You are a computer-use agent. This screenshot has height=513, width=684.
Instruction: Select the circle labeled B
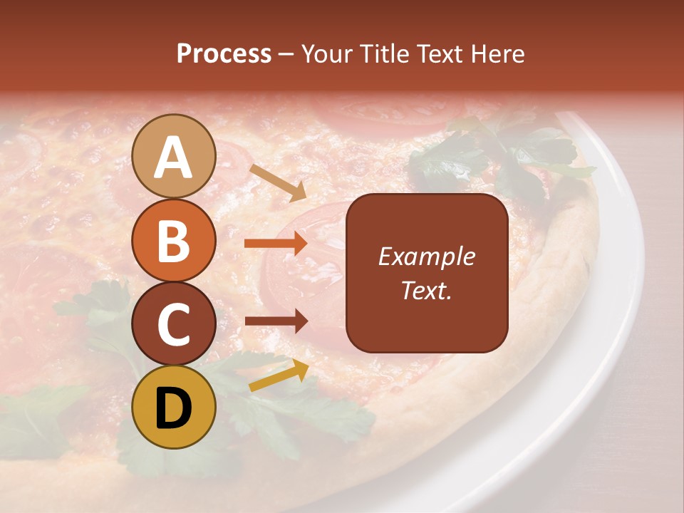tap(173, 240)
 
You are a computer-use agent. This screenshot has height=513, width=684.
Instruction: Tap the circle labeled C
tap(173, 323)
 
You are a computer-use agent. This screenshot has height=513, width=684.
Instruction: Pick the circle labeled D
tap(173, 407)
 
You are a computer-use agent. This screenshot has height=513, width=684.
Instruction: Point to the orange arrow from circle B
tap(276, 244)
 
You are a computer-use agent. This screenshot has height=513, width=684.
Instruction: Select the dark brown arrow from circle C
tap(276, 321)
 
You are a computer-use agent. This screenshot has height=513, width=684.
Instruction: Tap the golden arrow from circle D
tap(279, 375)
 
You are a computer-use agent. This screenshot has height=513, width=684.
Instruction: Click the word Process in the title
tap(224, 53)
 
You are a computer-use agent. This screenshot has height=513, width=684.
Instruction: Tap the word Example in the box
tap(426, 256)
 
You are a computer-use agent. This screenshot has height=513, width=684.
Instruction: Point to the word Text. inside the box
tap(426, 290)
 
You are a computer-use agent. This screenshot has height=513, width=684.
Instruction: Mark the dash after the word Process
tap(286, 55)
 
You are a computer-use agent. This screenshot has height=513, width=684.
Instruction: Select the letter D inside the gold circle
tap(173, 408)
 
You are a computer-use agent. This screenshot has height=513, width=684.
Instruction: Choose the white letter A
tap(173, 157)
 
